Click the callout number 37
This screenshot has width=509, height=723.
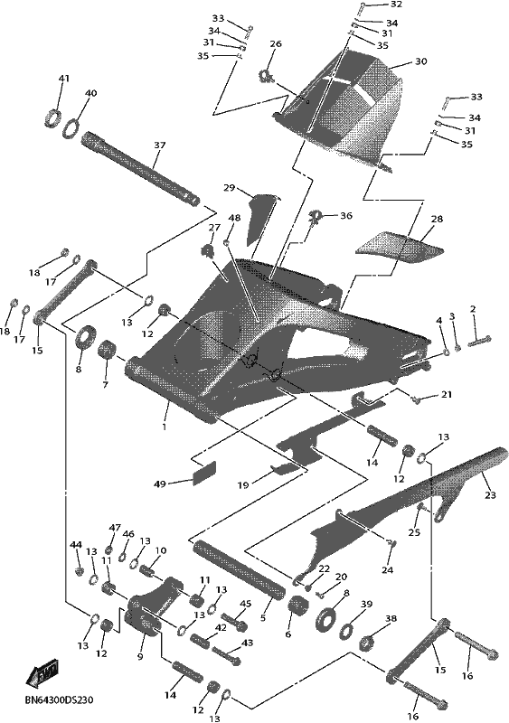point(160,145)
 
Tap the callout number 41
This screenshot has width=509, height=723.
point(63,78)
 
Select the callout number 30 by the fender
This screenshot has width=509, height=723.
point(421,61)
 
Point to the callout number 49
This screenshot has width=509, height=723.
point(160,484)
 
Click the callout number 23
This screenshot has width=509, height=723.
point(490,494)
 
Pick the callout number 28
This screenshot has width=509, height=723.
point(437,219)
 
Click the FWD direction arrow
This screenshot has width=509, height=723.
point(42,671)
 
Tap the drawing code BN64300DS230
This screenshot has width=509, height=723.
point(59,700)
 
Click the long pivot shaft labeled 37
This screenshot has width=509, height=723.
point(141,169)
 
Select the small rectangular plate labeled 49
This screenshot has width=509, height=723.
point(204,472)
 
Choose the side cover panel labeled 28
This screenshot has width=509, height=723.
point(401,247)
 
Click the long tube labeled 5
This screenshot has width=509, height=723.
point(238,570)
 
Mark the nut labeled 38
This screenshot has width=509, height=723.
point(367,643)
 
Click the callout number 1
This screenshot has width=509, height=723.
point(165,427)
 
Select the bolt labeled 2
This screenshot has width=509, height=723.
point(480,342)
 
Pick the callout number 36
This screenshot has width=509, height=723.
point(346,216)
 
